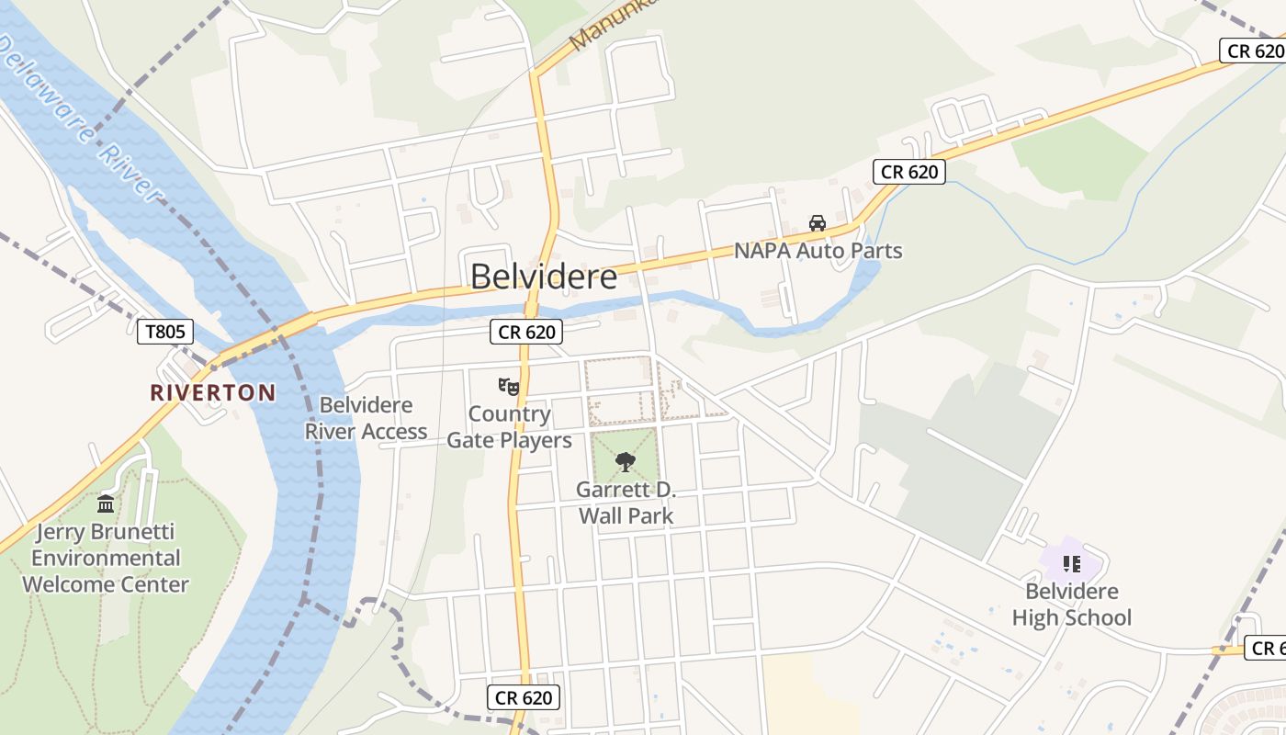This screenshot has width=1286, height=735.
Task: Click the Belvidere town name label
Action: click(x=544, y=277)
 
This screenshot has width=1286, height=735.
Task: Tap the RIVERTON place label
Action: click(x=213, y=392)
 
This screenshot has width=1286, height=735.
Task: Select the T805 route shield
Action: click(x=165, y=332)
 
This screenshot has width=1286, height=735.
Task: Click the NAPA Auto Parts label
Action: click(x=818, y=250)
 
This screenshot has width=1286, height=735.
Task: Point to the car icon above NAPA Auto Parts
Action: click(x=818, y=222)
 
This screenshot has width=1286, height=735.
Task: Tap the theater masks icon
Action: click(x=509, y=387)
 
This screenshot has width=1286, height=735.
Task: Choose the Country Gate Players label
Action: click(x=509, y=427)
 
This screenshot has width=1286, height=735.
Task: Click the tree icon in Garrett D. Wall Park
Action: click(x=626, y=461)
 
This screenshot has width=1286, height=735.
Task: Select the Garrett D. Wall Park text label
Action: click(x=626, y=503)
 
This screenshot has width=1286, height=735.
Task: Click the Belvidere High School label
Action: click(x=1071, y=604)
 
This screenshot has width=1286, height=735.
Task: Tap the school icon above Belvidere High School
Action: click(x=1071, y=563)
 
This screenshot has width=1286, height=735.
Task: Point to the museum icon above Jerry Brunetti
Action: click(x=106, y=503)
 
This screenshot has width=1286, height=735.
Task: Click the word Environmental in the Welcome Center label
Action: click(x=106, y=558)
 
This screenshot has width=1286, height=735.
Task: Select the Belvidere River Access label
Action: click(x=366, y=418)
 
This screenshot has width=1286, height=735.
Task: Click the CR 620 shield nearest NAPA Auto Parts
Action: click(x=908, y=172)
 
